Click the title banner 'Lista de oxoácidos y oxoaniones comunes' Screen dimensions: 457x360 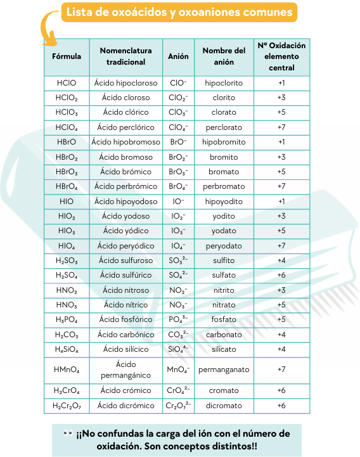pyautogui.click(x=179, y=13)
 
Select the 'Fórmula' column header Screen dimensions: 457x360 pyautogui.click(x=67, y=56)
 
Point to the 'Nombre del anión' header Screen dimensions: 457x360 pyautogui.click(x=224, y=56)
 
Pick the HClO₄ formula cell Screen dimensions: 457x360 pyautogui.click(x=67, y=127)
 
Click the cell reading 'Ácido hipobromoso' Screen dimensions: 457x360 pyautogui.click(x=125, y=142)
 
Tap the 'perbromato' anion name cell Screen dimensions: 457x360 pyautogui.click(x=224, y=186)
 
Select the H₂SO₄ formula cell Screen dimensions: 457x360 pyautogui.click(x=67, y=275)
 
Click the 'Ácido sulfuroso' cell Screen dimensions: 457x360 pyautogui.click(x=125, y=261)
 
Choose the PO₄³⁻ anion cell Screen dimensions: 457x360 pyautogui.click(x=178, y=319)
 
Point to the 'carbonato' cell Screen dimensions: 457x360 pyautogui.click(x=224, y=334)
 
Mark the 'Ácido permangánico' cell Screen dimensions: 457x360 pyautogui.click(x=125, y=370)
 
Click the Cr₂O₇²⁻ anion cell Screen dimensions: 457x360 pyautogui.click(x=178, y=406)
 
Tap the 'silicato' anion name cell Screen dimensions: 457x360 pyautogui.click(x=224, y=349)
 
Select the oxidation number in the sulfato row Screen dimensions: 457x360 pyautogui.click(x=281, y=275)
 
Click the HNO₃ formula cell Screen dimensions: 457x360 pyautogui.click(x=67, y=305)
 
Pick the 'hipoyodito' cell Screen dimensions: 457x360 pyautogui.click(x=224, y=202)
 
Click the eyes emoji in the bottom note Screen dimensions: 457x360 pyautogui.click(x=68, y=434)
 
